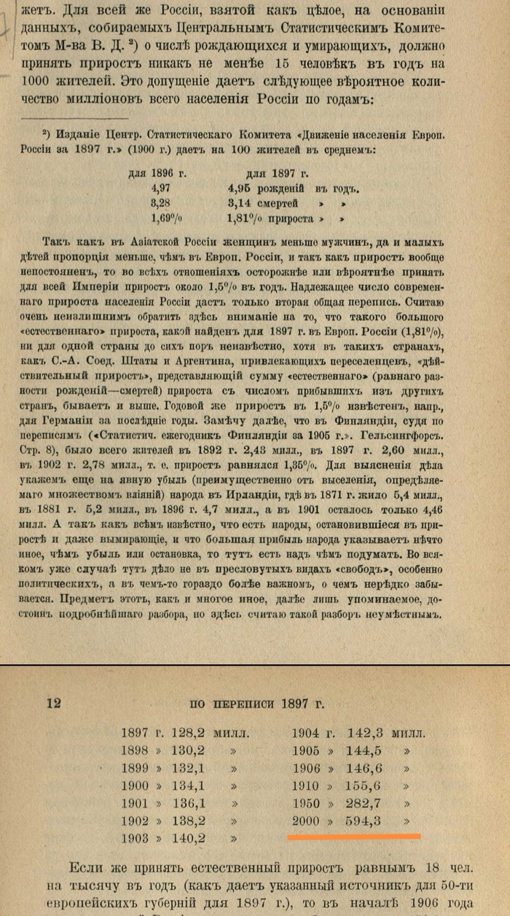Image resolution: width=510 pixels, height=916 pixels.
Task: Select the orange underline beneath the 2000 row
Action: click(x=354, y=836)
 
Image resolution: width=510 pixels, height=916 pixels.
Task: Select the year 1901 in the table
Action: click(x=138, y=803)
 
